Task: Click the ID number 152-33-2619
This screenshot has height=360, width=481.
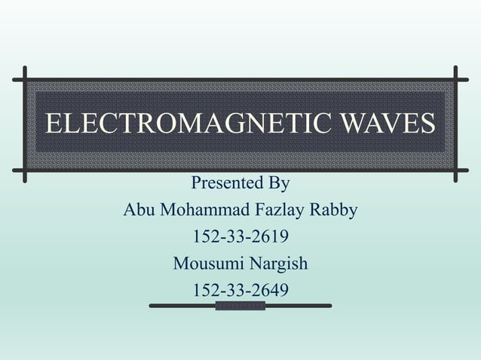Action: (240, 237)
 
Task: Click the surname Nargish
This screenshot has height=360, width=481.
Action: (278, 264)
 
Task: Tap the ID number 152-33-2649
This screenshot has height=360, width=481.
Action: (240, 291)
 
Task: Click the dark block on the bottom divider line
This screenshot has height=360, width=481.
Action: (240, 306)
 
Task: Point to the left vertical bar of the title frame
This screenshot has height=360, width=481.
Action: (25, 124)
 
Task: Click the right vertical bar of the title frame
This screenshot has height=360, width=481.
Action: (456, 124)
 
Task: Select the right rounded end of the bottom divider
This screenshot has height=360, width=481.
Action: (329, 306)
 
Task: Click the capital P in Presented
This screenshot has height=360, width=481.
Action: (197, 183)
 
